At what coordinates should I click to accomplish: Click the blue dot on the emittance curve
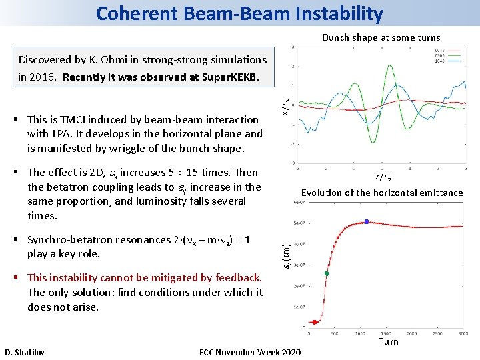pyautogui.click(x=366, y=221)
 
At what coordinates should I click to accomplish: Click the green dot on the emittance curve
pyautogui.click(x=327, y=273)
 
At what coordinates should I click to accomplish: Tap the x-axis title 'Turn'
pyautogui.click(x=388, y=341)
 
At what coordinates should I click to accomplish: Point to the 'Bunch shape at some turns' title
pyautogui.click(x=381, y=37)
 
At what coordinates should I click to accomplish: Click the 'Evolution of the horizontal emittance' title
pyautogui.click(x=381, y=193)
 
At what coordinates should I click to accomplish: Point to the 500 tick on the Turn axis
pyautogui.click(x=335, y=331)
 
